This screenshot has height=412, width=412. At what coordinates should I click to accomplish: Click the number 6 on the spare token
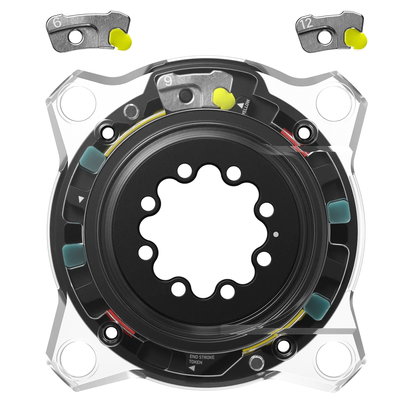(x=57, y=23)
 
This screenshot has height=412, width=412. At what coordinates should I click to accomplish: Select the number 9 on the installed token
(x=168, y=81)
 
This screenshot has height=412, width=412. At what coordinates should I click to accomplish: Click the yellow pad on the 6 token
(x=120, y=39)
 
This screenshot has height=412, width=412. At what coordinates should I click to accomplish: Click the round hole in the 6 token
(x=75, y=38)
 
